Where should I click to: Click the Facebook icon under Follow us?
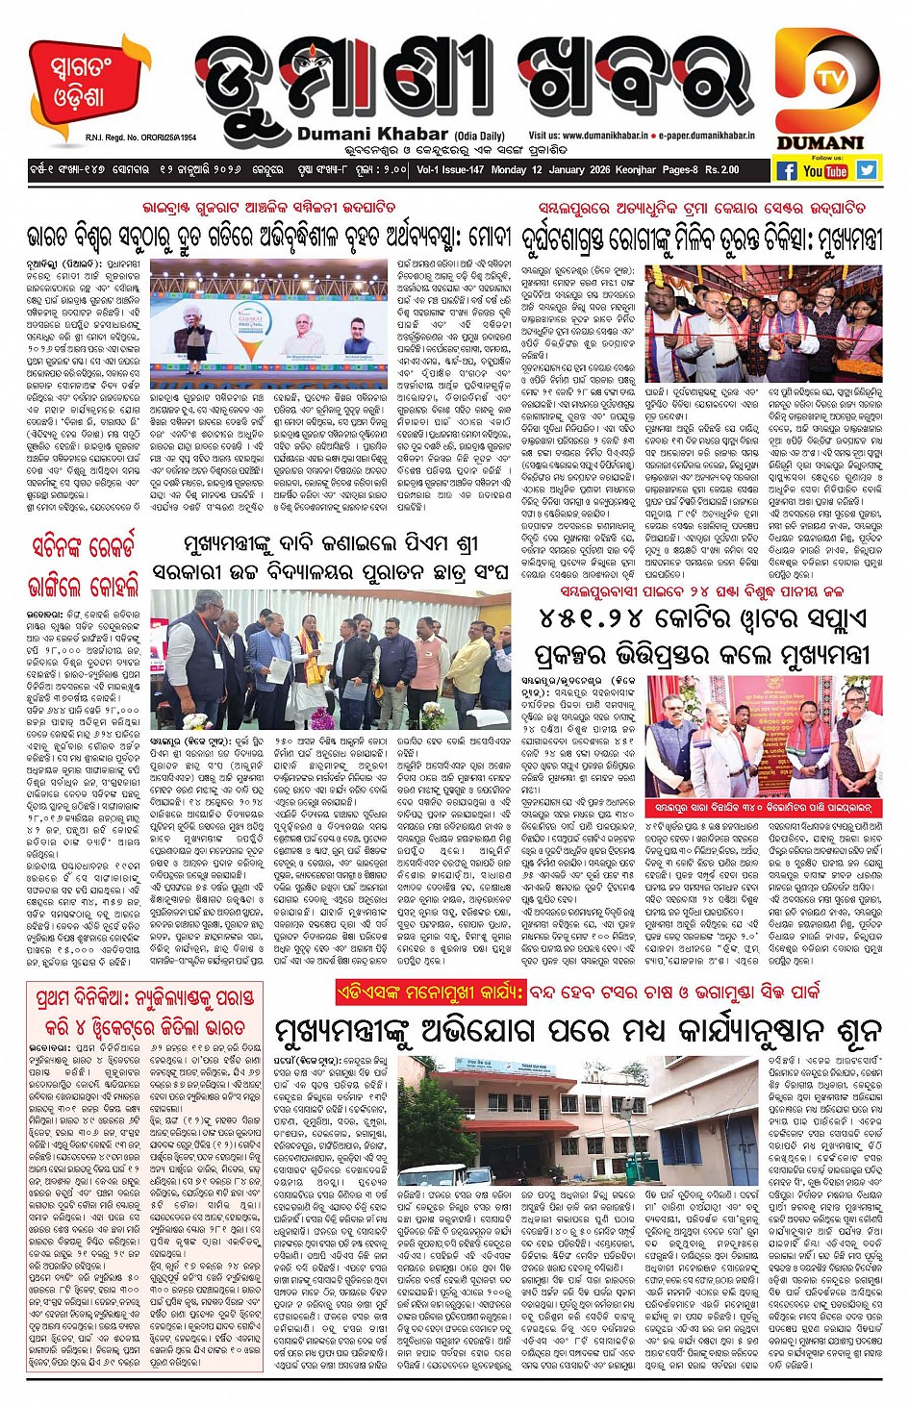pos(786,170)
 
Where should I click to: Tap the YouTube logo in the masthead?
pos(825,170)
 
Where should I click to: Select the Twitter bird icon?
pos(867,169)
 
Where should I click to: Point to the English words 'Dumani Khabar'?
pos(372,135)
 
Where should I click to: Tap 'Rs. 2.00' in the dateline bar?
pos(721,170)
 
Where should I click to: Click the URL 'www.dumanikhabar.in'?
pos(605,137)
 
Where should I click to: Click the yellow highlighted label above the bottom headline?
pos(431,991)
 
